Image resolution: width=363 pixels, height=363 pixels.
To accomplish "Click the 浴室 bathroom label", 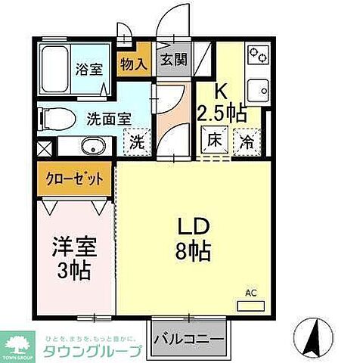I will click(89, 70).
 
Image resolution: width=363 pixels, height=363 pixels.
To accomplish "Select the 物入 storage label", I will click(133, 64).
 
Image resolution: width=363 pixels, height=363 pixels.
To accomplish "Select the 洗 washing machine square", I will click(136, 141).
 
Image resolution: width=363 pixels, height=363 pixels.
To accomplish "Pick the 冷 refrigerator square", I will click(247, 139).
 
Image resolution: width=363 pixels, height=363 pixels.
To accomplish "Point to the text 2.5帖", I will click(221, 113).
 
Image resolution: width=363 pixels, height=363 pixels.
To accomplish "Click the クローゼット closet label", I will click(73, 179).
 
